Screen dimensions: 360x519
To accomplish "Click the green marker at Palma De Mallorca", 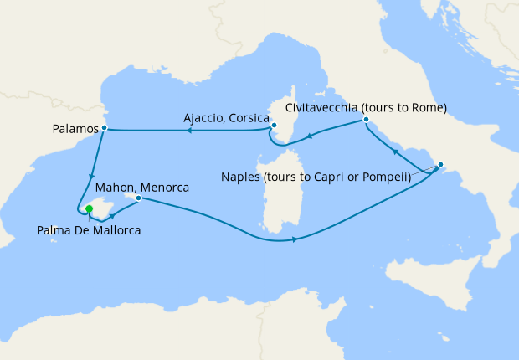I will click(90, 209).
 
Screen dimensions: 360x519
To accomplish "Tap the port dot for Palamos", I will click(104, 128).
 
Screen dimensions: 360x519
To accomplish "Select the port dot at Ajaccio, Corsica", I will click(274, 126).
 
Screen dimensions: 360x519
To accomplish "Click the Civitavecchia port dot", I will click(366, 121).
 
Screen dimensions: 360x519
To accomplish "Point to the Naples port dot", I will click(441, 165).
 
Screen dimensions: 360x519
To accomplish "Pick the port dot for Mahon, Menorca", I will click(138, 198).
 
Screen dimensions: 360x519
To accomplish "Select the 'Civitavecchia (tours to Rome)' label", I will click(366, 108).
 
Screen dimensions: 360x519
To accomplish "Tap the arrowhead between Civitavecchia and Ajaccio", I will click(310, 137).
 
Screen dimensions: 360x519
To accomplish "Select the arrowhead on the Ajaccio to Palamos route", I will click(189, 130).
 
